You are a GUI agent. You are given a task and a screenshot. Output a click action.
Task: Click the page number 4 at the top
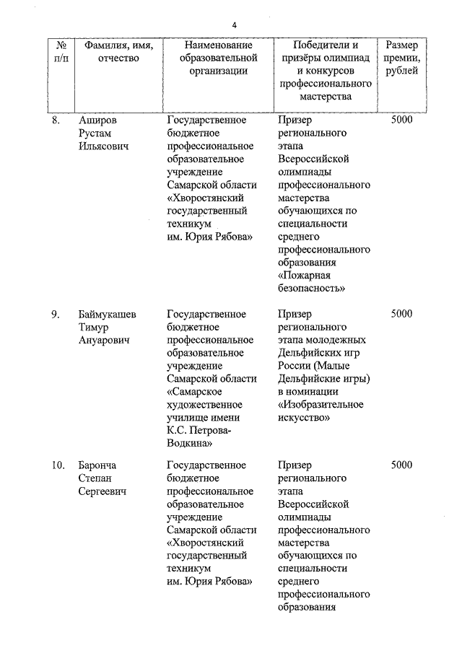[234, 26]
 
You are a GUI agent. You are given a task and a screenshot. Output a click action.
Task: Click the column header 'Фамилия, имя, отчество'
[118, 51]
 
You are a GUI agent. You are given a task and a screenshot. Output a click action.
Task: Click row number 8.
[56, 120]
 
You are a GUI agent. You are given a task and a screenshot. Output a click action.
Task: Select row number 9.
[56, 314]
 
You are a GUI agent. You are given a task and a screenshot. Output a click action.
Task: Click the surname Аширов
[97, 120]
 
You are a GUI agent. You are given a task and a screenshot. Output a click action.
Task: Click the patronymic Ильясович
[103, 146]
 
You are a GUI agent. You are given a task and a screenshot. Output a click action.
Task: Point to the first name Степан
[96, 478]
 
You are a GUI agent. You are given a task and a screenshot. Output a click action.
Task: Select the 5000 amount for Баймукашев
[401, 314]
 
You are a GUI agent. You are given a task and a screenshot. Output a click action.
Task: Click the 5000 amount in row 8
[401, 120]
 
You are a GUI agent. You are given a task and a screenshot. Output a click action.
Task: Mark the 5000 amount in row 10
[401, 465]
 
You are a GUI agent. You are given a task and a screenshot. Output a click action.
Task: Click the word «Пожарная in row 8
[304, 276]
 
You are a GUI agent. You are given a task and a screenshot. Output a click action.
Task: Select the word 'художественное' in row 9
[204, 405]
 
